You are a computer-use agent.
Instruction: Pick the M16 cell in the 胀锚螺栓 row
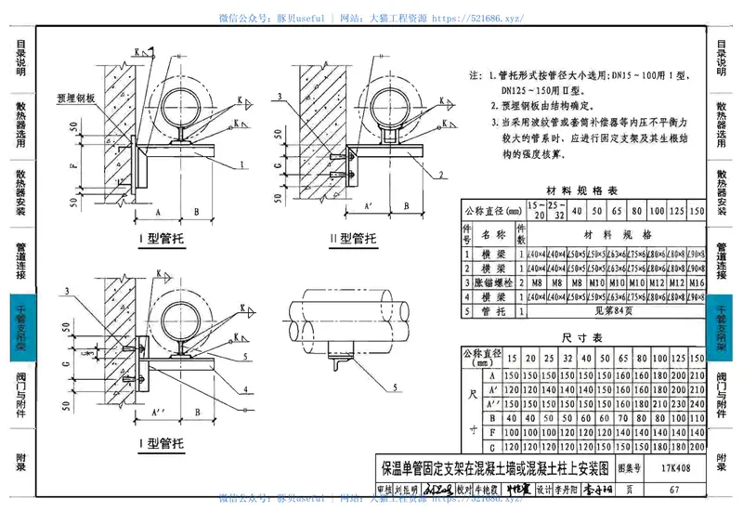pyautogui.click(x=697, y=281)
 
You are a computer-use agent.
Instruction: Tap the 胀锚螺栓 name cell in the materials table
pyautogui.click(x=489, y=281)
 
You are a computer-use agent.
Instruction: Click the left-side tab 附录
pyautogui.click(x=20, y=462)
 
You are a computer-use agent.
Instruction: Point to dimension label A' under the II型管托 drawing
pyautogui.click(x=369, y=206)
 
